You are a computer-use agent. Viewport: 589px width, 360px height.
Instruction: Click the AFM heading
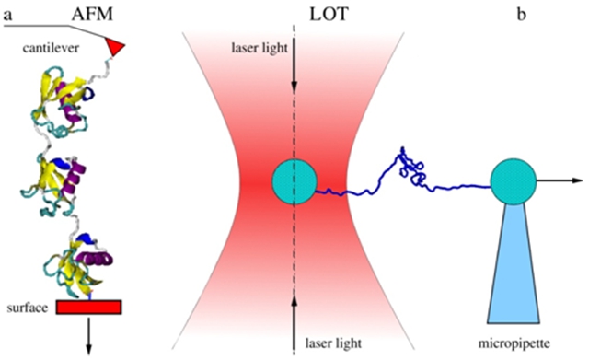tap(92, 15)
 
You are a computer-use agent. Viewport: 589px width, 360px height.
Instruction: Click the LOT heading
tap(329, 15)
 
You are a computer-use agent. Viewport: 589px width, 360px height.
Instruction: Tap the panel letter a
tap(7, 15)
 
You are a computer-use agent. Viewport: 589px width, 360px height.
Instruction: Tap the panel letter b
tap(522, 15)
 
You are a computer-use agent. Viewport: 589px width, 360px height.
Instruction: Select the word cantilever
tap(51, 48)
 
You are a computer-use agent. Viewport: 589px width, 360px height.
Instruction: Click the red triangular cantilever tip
tap(114, 47)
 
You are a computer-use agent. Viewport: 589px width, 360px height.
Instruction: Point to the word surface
tap(28, 308)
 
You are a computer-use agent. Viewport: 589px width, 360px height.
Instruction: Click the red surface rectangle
tap(89, 307)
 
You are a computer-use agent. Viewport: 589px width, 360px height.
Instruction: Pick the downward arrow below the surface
tap(89, 335)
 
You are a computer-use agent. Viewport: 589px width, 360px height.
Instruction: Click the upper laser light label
tap(260, 48)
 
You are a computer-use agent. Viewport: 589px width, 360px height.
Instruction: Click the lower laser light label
tap(333, 343)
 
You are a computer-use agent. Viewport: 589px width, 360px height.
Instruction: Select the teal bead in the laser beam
tap(294, 182)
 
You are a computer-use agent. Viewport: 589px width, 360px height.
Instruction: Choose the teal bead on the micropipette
tap(514, 181)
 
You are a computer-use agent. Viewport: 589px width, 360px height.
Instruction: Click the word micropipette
tap(514, 343)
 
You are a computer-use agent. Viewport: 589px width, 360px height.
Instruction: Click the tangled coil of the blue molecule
tap(410, 167)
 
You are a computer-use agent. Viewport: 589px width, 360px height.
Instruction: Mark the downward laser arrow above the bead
tap(294, 64)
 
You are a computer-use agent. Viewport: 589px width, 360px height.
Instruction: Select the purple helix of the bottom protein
tap(94, 259)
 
